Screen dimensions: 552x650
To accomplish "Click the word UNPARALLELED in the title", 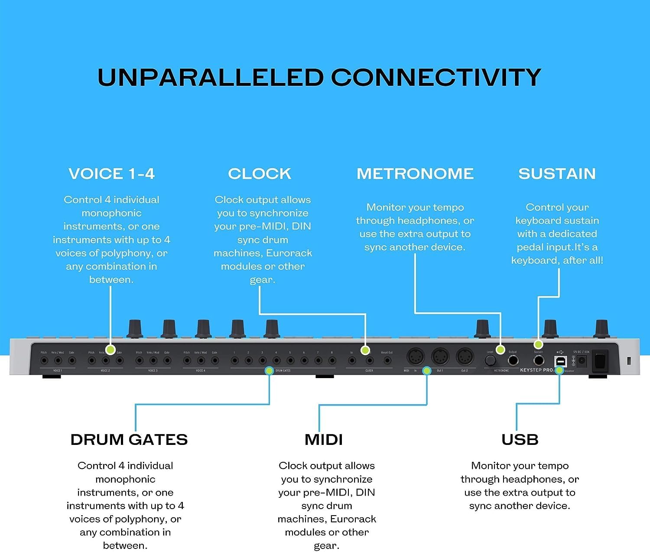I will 211,78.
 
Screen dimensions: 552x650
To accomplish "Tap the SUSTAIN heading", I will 557,173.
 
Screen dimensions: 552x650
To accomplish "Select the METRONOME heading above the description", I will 415,173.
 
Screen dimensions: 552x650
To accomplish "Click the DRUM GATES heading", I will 129,439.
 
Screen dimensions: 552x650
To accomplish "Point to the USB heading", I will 520,439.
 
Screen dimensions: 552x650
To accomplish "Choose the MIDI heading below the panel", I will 324,439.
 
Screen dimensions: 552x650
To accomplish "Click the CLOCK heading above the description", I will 260,173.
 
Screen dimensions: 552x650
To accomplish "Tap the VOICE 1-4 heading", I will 112,173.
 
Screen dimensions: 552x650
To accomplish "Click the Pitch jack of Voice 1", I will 44,360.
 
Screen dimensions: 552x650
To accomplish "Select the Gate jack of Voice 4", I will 214,360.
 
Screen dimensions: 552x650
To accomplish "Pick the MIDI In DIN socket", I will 415,358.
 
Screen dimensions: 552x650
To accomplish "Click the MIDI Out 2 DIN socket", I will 465,358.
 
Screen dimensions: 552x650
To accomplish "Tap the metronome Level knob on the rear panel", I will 490,360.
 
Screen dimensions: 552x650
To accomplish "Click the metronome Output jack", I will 513,360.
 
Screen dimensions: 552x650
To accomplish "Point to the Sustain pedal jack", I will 539,360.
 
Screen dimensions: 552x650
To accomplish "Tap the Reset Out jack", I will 387,360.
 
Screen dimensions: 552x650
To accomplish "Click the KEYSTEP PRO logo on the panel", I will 536,370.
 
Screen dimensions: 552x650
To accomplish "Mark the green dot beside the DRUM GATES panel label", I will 269,370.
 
